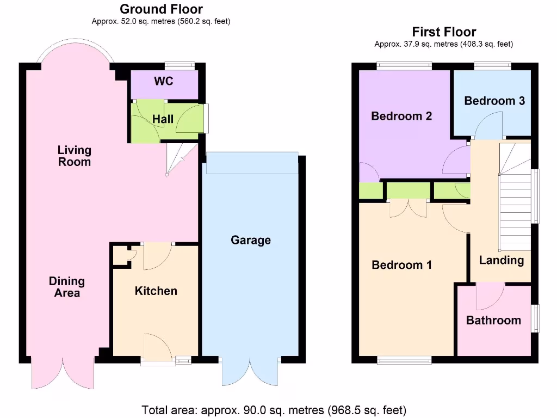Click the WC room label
coord(163,81)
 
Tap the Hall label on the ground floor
coord(163,118)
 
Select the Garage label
coord(250,240)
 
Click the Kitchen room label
coord(156,291)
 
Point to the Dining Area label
coord(67,287)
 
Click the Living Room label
coord(75,155)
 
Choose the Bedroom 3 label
coord(494,101)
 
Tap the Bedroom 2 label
coord(401,115)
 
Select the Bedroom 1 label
coord(401,265)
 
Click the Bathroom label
coord(493,320)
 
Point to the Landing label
coord(501,260)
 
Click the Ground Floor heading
coord(161,9)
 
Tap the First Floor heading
coord(444,32)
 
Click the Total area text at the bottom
coord(274,409)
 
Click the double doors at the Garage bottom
coord(251,372)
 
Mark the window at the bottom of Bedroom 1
coord(405,359)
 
